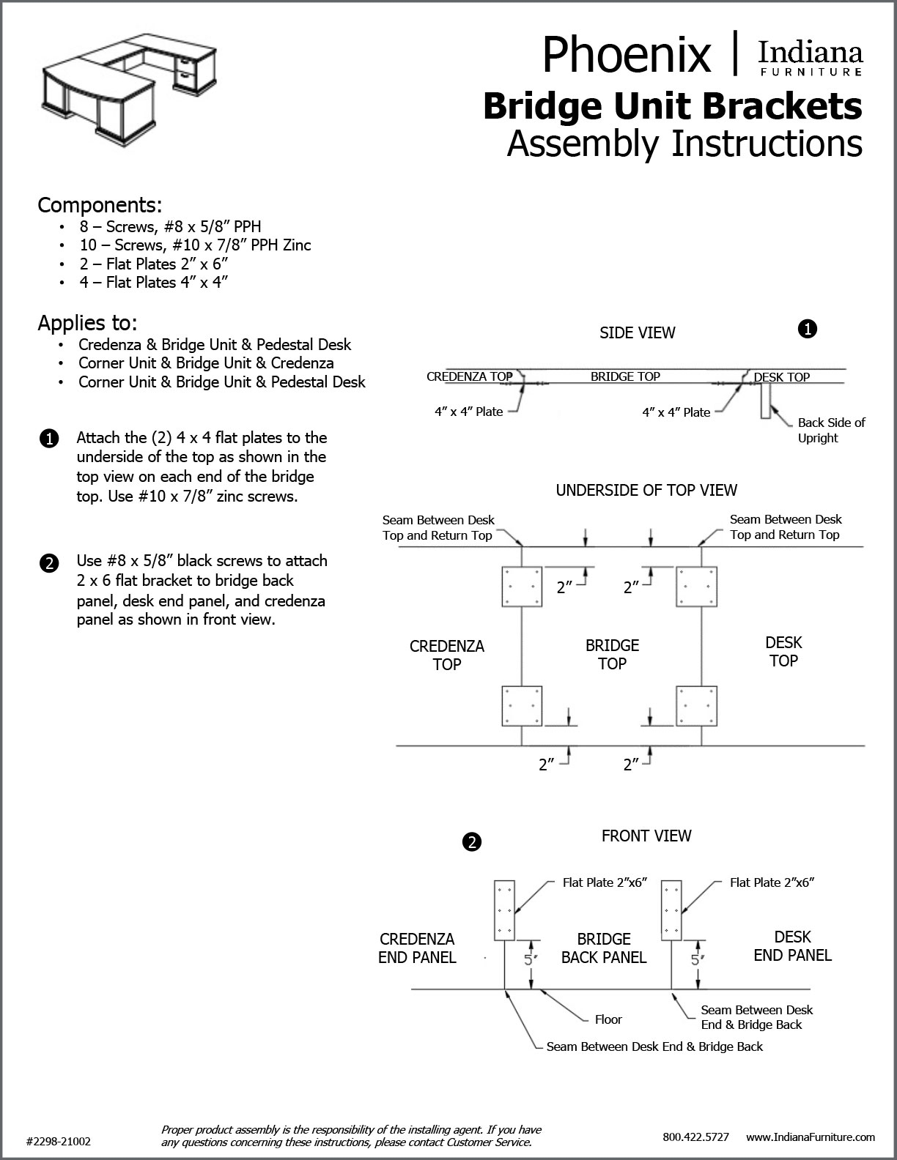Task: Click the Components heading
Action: tap(100, 204)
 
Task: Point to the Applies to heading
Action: tap(87, 322)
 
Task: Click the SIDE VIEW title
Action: tap(637, 332)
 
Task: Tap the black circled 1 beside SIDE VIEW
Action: tap(806, 330)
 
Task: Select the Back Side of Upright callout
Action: tap(831, 430)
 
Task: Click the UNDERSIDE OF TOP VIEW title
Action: tap(646, 490)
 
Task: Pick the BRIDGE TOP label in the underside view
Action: tap(612, 654)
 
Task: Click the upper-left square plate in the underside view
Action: tap(521, 587)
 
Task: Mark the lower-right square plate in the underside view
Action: tap(696, 706)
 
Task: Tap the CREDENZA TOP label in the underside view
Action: tap(446, 655)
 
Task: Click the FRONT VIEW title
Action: tap(646, 836)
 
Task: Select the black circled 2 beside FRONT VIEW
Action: tap(472, 842)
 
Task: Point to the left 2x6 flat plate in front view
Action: tap(505, 910)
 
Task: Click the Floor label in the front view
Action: tap(608, 1019)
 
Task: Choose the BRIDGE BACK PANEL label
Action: tap(604, 948)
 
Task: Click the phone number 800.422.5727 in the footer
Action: tap(695, 1137)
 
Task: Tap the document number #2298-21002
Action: tap(59, 1141)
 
